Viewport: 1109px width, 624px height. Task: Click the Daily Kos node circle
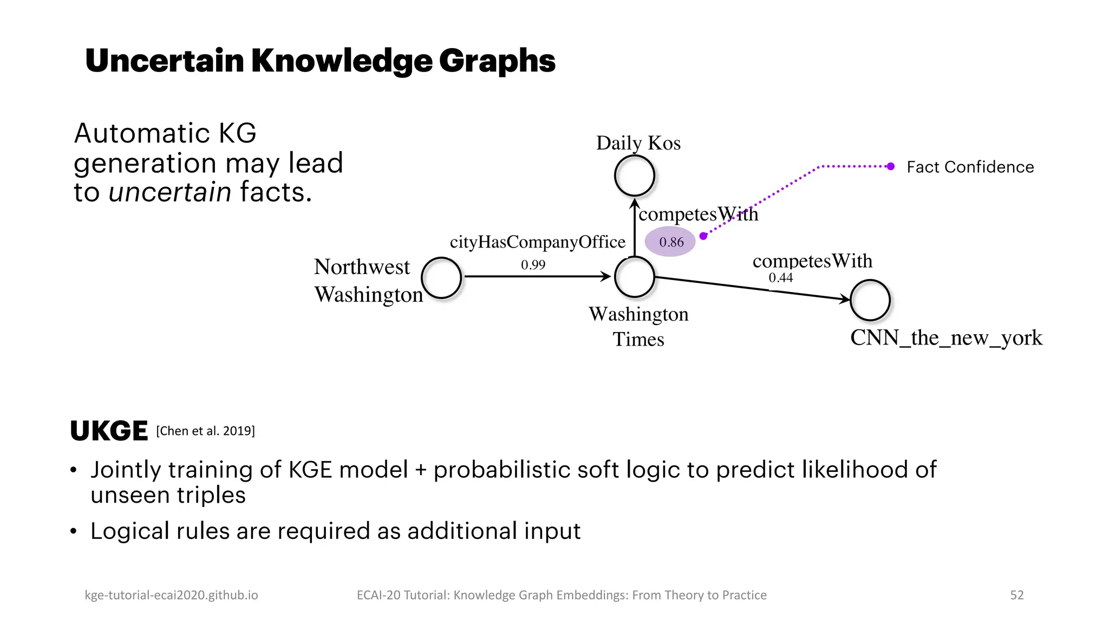pos(634,175)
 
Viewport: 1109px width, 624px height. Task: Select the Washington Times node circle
pos(634,277)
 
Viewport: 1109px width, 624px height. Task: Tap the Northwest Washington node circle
pos(441,278)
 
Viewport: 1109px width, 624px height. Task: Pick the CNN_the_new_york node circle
pos(870,300)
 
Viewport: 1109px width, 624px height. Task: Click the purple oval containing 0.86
pos(670,242)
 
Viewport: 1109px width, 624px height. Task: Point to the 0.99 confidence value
pos(533,265)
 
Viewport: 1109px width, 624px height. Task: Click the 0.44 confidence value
pos(780,278)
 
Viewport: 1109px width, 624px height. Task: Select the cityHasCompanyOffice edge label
pos(537,242)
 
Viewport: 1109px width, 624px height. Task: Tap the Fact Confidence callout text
pos(970,167)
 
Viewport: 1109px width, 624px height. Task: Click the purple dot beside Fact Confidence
pos(890,166)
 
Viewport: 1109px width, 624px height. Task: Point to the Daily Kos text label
pos(638,143)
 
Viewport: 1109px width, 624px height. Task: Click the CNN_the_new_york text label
pos(945,338)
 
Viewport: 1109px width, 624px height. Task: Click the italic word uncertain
pos(169,192)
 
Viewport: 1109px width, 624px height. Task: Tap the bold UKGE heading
pos(109,431)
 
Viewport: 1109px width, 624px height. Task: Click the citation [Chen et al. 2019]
pos(205,431)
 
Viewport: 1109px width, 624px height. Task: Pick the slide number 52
pos(1016,595)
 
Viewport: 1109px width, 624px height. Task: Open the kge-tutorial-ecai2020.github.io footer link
pos(171,595)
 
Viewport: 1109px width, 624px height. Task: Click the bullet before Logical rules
pos(74,531)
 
